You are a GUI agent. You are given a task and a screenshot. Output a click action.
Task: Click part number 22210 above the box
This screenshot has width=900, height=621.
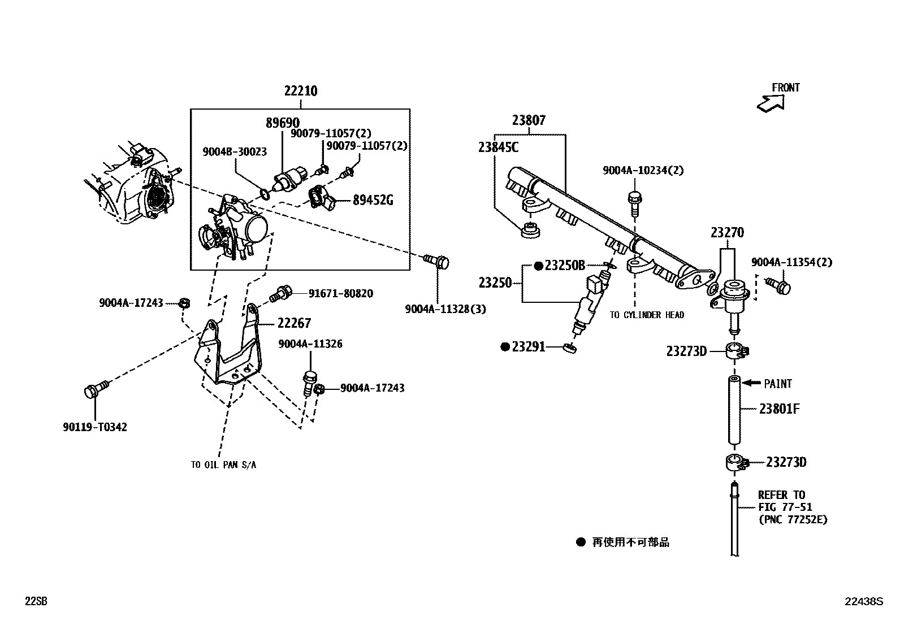[300, 91]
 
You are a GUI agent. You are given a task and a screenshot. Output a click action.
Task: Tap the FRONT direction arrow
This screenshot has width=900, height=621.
[771, 103]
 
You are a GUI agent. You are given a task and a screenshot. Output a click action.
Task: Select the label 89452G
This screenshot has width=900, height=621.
[373, 200]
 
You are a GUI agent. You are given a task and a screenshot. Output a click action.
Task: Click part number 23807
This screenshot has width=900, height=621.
[529, 120]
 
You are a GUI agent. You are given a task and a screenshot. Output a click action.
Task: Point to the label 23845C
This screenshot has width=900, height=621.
[498, 147]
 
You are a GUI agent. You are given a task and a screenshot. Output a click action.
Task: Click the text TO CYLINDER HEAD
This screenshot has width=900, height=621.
[647, 315]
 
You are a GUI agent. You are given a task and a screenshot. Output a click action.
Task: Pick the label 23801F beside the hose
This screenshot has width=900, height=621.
[779, 409]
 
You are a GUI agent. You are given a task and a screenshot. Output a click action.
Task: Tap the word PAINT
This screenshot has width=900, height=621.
[778, 384]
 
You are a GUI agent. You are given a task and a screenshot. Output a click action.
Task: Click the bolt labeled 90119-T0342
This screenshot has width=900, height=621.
[93, 390]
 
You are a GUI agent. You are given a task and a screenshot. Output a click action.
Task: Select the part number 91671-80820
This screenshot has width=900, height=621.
[340, 294]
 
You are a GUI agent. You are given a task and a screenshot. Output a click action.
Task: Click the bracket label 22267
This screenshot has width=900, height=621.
[294, 323]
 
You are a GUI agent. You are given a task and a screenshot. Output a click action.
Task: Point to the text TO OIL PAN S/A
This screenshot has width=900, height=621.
[223, 465]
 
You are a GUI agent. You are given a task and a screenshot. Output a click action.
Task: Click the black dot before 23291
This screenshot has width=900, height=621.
[505, 347]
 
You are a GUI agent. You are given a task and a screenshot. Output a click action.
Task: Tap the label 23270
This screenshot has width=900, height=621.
[727, 233]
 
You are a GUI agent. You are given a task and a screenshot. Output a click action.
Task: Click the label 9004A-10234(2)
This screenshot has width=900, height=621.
[643, 170]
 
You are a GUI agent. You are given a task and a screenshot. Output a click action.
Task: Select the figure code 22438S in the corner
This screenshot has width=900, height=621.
[863, 602]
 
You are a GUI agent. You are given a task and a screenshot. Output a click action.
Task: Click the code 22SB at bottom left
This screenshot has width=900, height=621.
[36, 602]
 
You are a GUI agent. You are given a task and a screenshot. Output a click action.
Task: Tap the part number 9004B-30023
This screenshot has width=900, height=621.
[235, 151]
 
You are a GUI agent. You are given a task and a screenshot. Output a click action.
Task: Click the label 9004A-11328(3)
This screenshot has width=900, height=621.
[445, 309]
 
